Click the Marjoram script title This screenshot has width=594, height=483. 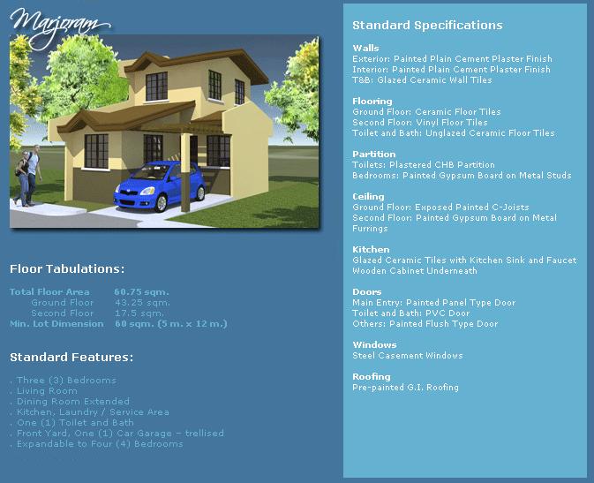tap(61, 27)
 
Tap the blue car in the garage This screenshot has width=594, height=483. tap(160, 185)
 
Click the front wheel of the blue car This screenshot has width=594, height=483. tap(162, 203)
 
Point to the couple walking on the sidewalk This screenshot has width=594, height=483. tap(27, 176)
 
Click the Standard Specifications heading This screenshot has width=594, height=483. tap(427, 26)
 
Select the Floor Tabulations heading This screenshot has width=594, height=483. tap(67, 268)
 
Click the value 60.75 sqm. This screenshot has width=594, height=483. tap(142, 292)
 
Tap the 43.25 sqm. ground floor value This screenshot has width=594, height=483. tap(142, 303)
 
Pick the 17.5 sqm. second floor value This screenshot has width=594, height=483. tap(139, 313)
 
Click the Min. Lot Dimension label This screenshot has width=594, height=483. tap(56, 324)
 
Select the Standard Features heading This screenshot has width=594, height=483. tap(71, 357)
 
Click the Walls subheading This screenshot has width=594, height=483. tap(365, 49)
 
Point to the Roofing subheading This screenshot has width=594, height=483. tap(372, 376)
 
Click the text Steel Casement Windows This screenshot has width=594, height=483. tap(408, 356)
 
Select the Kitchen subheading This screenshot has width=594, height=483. tap(371, 250)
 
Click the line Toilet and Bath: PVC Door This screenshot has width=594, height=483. tap(411, 313)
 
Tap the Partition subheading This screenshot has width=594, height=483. tap(374, 154)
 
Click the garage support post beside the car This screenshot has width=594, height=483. tap(185, 171)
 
